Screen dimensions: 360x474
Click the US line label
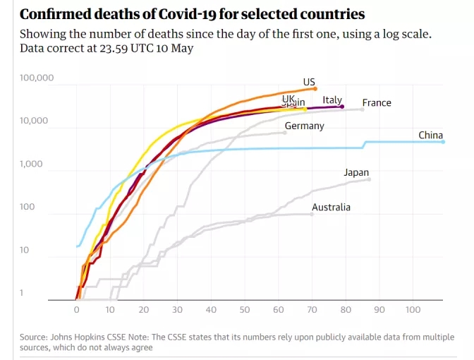(309, 82)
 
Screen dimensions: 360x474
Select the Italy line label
(332, 100)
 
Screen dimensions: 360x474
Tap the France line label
(377, 102)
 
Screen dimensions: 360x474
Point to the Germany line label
(305, 126)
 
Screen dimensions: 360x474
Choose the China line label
(430, 135)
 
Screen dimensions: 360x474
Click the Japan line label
(356, 172)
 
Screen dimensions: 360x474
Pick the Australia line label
(331, 207)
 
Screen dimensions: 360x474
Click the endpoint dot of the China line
(443, 142)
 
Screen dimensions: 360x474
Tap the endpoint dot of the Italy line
(342, 107)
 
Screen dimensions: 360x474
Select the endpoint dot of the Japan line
(369, 179)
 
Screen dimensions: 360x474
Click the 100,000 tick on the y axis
(35, 77)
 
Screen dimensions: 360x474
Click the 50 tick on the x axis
(245, 309)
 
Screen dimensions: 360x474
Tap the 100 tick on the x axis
(413, 309)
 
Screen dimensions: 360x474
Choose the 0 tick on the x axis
(77, 309)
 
